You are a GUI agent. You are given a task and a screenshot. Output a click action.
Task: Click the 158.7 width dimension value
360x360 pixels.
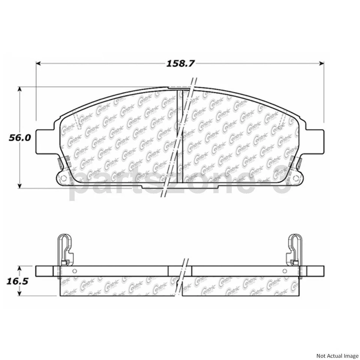(181, 63)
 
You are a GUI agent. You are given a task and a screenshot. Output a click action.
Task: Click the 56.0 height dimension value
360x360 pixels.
(20, 138)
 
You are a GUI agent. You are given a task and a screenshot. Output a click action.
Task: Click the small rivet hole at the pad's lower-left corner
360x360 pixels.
(63, 178)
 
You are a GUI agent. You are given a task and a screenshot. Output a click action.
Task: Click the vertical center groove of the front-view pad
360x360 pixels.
(179, 135)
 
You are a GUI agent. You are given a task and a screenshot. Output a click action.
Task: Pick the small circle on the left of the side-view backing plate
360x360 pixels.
(74, 271)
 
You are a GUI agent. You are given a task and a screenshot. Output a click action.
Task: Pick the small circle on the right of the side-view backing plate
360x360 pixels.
(285, 271)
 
